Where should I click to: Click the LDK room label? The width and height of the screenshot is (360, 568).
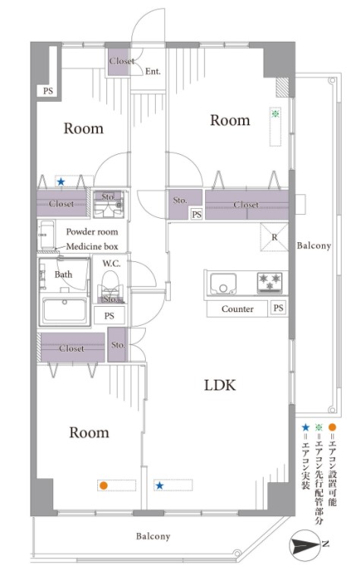click(x=219, y=385)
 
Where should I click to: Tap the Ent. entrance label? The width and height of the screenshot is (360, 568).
click(x=153, y=71)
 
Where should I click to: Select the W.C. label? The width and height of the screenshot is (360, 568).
click(x=111, y=263)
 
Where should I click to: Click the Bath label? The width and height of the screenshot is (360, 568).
click(x=63, y=275)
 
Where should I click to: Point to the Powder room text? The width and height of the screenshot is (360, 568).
click(x=92, y=232)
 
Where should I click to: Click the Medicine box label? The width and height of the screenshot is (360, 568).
click(x=92, y=247)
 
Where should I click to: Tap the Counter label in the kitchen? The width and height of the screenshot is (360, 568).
click(x=237, y=309)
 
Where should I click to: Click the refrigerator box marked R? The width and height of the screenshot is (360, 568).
click(x=274, y=237)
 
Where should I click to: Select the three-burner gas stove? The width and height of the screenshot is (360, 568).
click(x=270, y=282)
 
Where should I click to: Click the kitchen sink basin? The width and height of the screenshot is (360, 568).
click(x=223, y=283)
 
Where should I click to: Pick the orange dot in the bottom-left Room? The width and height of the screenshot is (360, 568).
click(x=103, y=485)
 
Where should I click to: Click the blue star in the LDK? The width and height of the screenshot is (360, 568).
click(x=159, y=485)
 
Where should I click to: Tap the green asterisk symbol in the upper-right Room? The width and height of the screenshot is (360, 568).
click(x=275, y=114)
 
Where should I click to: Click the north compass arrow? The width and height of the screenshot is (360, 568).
click(x=305, y=544)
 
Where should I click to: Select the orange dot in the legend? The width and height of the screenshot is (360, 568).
click(x=332, y=428)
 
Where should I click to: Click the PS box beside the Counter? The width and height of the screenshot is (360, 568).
click(x=278, y=308)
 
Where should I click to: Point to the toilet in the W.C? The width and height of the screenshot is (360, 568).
click(x=110, y=283)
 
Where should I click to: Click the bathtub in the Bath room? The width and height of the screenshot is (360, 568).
click(x=65, y=311)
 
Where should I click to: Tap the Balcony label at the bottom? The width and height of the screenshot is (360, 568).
click(x=153, y=536)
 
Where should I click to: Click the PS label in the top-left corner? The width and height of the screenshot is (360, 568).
click(x=48, y=90)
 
